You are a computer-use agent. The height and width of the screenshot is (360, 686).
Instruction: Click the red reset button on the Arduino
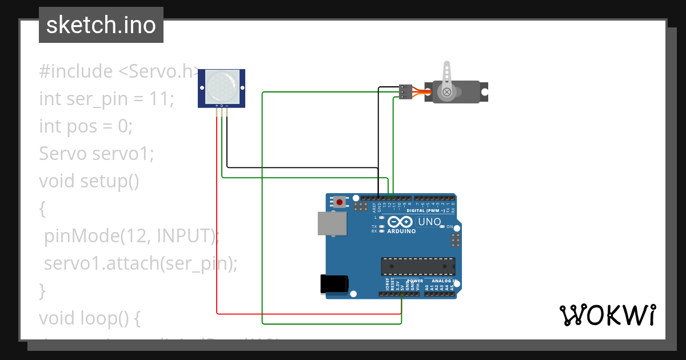pos(340,202)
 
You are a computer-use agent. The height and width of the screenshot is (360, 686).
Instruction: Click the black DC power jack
pos(334,284)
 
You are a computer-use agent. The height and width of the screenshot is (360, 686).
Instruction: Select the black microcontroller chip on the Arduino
pos(418,266)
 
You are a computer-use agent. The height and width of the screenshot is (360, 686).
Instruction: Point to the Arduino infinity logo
pos(396,222)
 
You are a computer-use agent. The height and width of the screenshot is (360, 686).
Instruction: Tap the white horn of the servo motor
pos(448,80)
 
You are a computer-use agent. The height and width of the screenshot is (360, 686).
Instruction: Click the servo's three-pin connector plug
pos(405,91)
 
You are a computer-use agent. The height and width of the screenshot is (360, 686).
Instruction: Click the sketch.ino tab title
pos(101,25)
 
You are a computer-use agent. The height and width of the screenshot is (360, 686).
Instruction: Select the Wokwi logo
pos(607,315)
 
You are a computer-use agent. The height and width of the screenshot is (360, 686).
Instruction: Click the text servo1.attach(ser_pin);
pos(140,263)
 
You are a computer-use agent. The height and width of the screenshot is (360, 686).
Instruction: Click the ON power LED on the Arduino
pos(442,226)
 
